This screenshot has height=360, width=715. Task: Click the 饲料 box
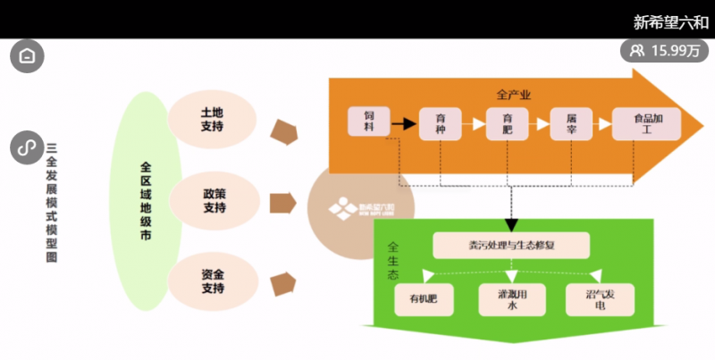click(x=369, y=122)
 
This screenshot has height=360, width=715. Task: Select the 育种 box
click(x=441, y=123)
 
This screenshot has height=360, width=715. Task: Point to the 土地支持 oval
click(x=212, y=120)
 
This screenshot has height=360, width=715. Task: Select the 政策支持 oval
click(x=214, y=200)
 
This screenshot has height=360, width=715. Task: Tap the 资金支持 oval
click(x=212, y=281)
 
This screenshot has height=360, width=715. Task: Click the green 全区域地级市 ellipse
click(x=147, y=200)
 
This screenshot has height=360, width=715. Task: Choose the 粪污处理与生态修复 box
click(x=510, y=246)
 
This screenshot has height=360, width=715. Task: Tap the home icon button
click(x=27, y=56)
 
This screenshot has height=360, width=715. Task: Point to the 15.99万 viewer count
click(x=664, y=50)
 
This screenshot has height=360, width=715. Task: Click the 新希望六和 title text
click(x=670, y=22)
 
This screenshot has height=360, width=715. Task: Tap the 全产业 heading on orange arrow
click(x=514, y=93)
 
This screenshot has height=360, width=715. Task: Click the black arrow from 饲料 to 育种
click(x=406, y=123)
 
